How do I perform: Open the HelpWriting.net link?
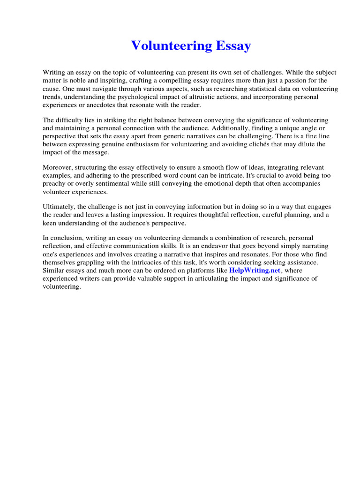click(x=255, y=270)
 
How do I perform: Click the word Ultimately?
click(x=59, y=207)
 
